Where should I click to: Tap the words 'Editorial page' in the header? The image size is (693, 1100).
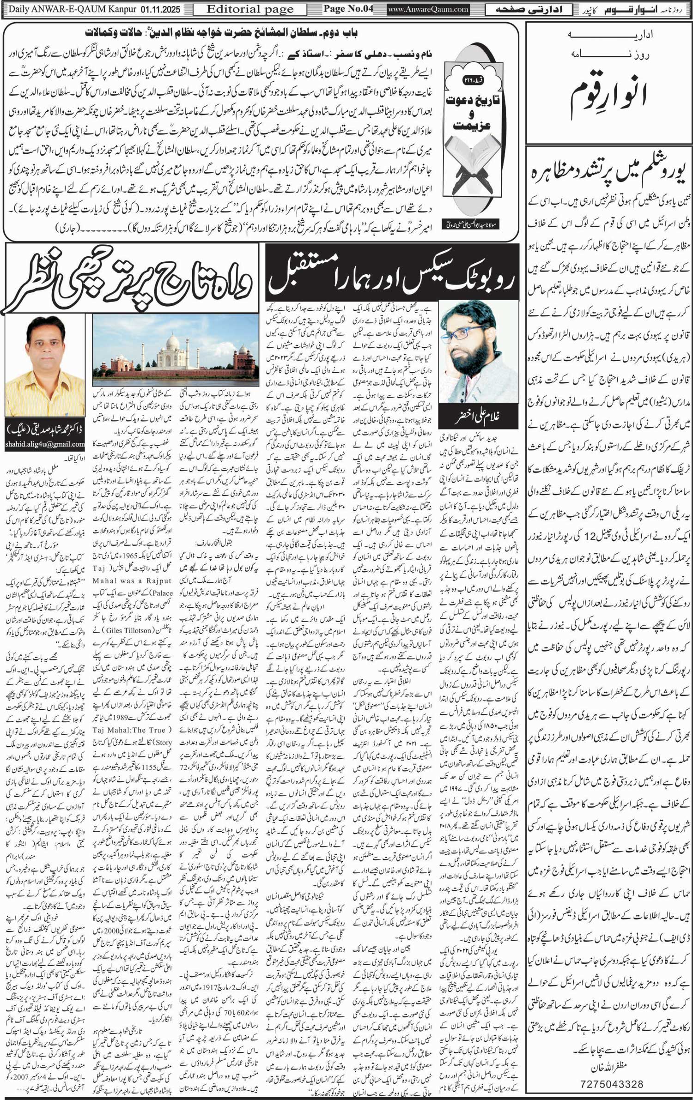(250, 9)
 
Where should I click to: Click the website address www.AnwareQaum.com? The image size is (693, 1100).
(428, 9)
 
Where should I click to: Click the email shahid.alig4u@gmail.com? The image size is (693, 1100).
(45, 444)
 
